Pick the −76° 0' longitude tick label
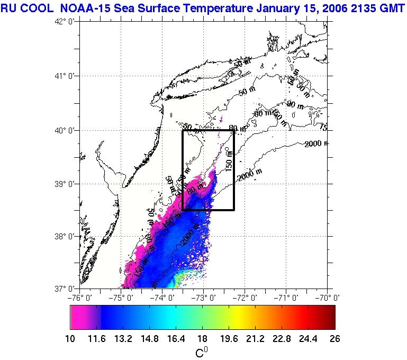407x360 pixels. (80, 297)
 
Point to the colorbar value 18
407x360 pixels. (202, 339)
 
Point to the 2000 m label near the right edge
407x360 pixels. (316, 143)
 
